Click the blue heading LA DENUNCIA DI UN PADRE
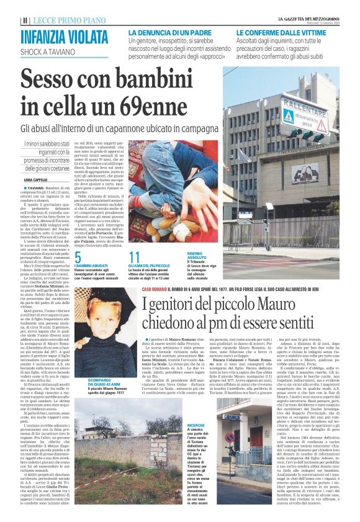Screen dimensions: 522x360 coord(172,32)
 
